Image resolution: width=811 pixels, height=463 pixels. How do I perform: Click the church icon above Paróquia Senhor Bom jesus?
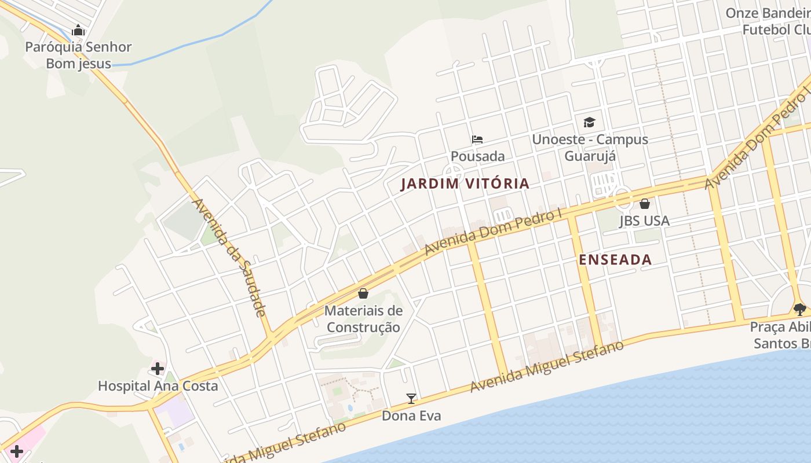(78, 30)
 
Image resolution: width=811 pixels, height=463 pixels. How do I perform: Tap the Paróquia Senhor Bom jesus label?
(78, 55)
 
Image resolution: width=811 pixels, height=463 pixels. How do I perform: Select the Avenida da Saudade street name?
(229, 258)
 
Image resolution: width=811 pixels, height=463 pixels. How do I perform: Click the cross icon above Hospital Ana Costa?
(158, 369)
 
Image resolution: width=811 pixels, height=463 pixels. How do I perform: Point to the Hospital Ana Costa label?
(158, 386)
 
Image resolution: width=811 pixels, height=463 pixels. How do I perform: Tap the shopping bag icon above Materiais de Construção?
(363, 293)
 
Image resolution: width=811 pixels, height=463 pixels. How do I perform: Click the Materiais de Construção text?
(363, 319)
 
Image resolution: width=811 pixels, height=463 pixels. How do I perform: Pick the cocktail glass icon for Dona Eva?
(411, 398)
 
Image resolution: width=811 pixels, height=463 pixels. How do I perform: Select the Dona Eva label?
(411, 416)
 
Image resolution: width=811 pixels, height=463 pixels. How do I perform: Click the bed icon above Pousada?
(477, 139)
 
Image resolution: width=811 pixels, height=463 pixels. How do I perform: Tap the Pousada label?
(477, 156)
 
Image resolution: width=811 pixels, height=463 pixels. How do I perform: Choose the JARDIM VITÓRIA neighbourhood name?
(465, 184)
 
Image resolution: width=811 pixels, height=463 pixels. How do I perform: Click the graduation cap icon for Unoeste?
(589, 122)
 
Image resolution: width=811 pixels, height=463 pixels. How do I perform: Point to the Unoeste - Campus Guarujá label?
(590, 148)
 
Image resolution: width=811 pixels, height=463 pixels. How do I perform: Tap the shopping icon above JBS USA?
(645, 204)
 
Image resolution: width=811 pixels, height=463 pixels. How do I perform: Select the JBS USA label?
(644, 221)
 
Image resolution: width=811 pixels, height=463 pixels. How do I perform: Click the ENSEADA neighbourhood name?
(615, 260)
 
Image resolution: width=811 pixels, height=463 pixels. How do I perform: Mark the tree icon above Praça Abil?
(800, 310)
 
